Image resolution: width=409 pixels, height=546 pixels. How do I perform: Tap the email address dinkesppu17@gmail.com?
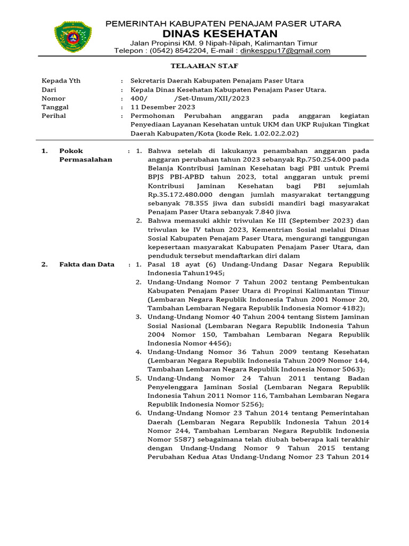(285, 51)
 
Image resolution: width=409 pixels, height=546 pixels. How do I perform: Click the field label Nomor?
(54, 99)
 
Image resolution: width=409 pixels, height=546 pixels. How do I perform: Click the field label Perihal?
(55, 116)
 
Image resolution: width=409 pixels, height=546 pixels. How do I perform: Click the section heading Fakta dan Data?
(87, 264)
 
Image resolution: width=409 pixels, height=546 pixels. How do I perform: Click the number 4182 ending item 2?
(352, 308)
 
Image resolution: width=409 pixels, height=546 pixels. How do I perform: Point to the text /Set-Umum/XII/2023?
(211, 99)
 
